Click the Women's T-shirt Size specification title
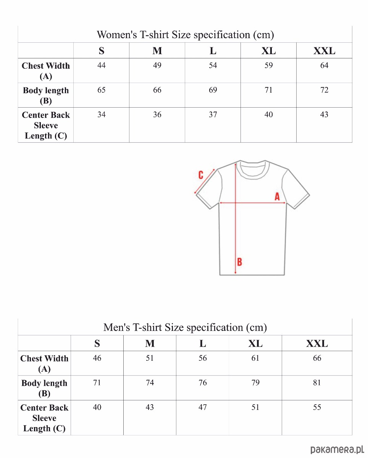pyautogui.click(x=185, y=35)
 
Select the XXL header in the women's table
pyautogui.click(x=324, y=51)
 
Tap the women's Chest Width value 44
pyautogui.click(x=101, y=65)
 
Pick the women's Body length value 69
pyautogui.click(x=213, y=90)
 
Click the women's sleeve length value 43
pyautogui.click(x=324, y=114)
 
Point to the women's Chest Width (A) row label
pyautogui.click(x=46, y=71)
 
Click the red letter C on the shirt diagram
pyautogui.click(x=201, y=175)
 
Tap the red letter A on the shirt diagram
pyautogui.click(x=277, y=197)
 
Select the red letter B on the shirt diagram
pyautogui.click(x=239, y=262)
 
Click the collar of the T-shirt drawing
pyautogui.click(x=252, y=170)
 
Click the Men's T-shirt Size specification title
pyautogui.click(x=185, y=327)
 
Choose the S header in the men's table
pyautogui.click(x=97, y=343)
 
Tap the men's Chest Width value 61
pyautogui.click(x=255, y=358)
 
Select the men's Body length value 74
pyautogui.click(x=150, y=383)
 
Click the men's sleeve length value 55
pyautogui.click(x=317, y=407)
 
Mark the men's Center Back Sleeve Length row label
pyautogui.click(x=44, y=418)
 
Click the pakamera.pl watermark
pyautogui.click(x=336, y=450)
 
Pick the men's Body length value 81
pyautogui.click(x=317, y=383)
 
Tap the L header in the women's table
pyautogui.click(x=213, y=51)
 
